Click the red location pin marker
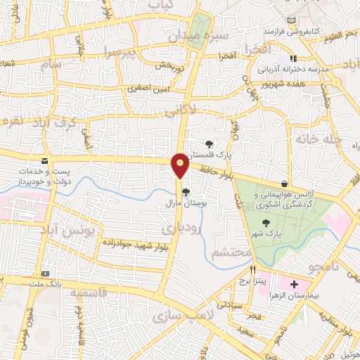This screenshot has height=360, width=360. coord(180,166)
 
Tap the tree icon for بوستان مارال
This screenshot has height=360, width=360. coord(186,191)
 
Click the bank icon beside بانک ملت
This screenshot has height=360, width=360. coord(46,274)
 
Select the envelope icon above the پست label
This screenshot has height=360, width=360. coord(44,161)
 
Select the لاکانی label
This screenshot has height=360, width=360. coord(209,110)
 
